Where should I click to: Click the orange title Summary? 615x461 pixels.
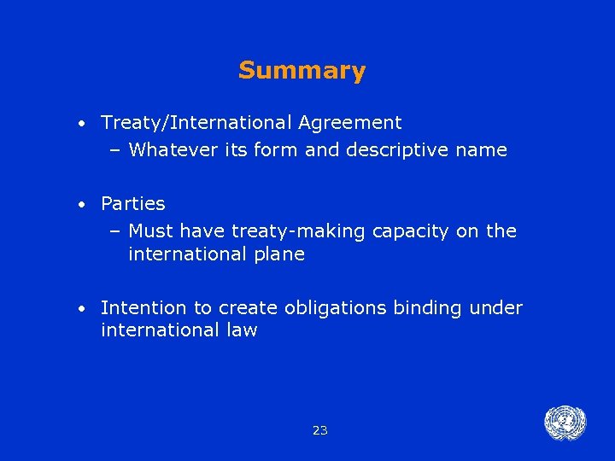click(x=302, y=70)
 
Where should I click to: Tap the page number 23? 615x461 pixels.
click(x=320, y=430)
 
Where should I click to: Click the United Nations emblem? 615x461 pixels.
click(x=565, y=423)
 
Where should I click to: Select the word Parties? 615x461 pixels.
click(x=132, y=204)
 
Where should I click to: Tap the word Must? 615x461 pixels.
click(x=151, y=230)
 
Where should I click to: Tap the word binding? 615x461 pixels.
click(x=428, y=308)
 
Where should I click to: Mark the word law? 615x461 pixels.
click(x=241, y=330)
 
